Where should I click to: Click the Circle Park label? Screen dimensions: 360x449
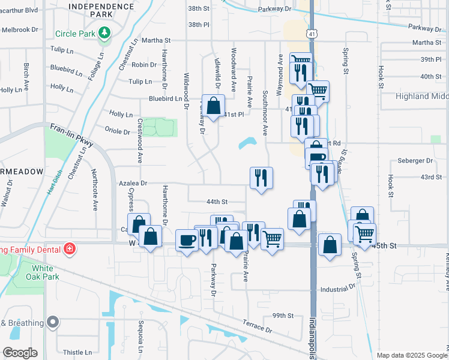click(x=74, y=34)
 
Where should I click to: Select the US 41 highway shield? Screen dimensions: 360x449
click(x=312, y=35)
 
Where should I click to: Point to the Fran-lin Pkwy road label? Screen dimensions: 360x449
click(x=72, y=136)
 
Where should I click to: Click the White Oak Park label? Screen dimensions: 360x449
click(x=46, y=272)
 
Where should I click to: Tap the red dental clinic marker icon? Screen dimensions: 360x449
click(x=70, y=248)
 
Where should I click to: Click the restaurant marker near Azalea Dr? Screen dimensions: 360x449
click(x=261, y=178)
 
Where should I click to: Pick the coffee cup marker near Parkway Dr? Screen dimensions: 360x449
click(x=187, y=240)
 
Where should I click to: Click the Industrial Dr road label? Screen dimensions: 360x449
click(x=338, y=289)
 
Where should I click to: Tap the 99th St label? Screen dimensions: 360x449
click(x=282, y=316)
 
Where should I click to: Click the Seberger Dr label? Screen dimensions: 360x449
click(x=415, y=161)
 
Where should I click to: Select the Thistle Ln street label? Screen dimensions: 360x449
click(x=77, y=352)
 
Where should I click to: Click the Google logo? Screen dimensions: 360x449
click(x=20, y=353)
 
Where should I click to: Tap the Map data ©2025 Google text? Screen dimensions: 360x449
click(x=411, y=355)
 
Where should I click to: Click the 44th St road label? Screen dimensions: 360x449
click(x=217, y=202)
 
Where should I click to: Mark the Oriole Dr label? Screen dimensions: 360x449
click(x=118, y=132)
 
